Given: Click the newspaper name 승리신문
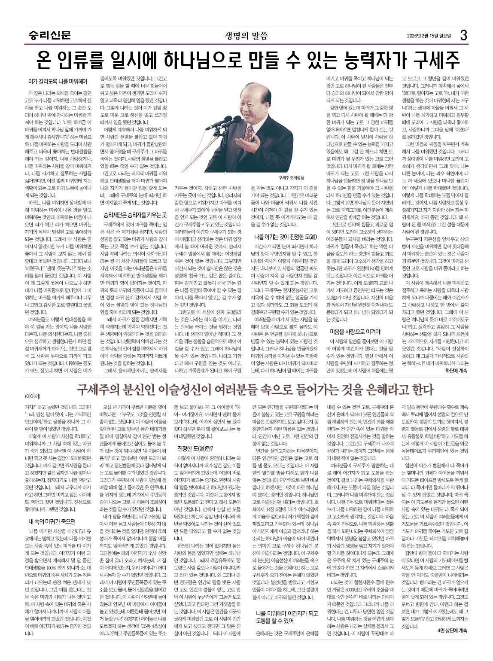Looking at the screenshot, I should click(x=50, y=35).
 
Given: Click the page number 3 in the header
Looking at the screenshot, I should click(x=463, y=35).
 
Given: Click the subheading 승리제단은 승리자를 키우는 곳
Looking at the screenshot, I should click(x=135, y=214).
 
